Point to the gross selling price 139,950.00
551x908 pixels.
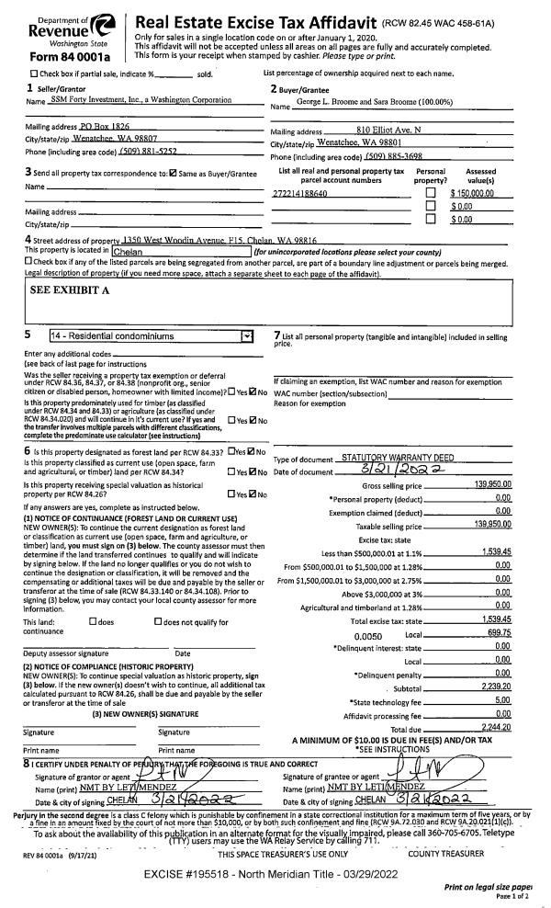click(492, 483)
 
